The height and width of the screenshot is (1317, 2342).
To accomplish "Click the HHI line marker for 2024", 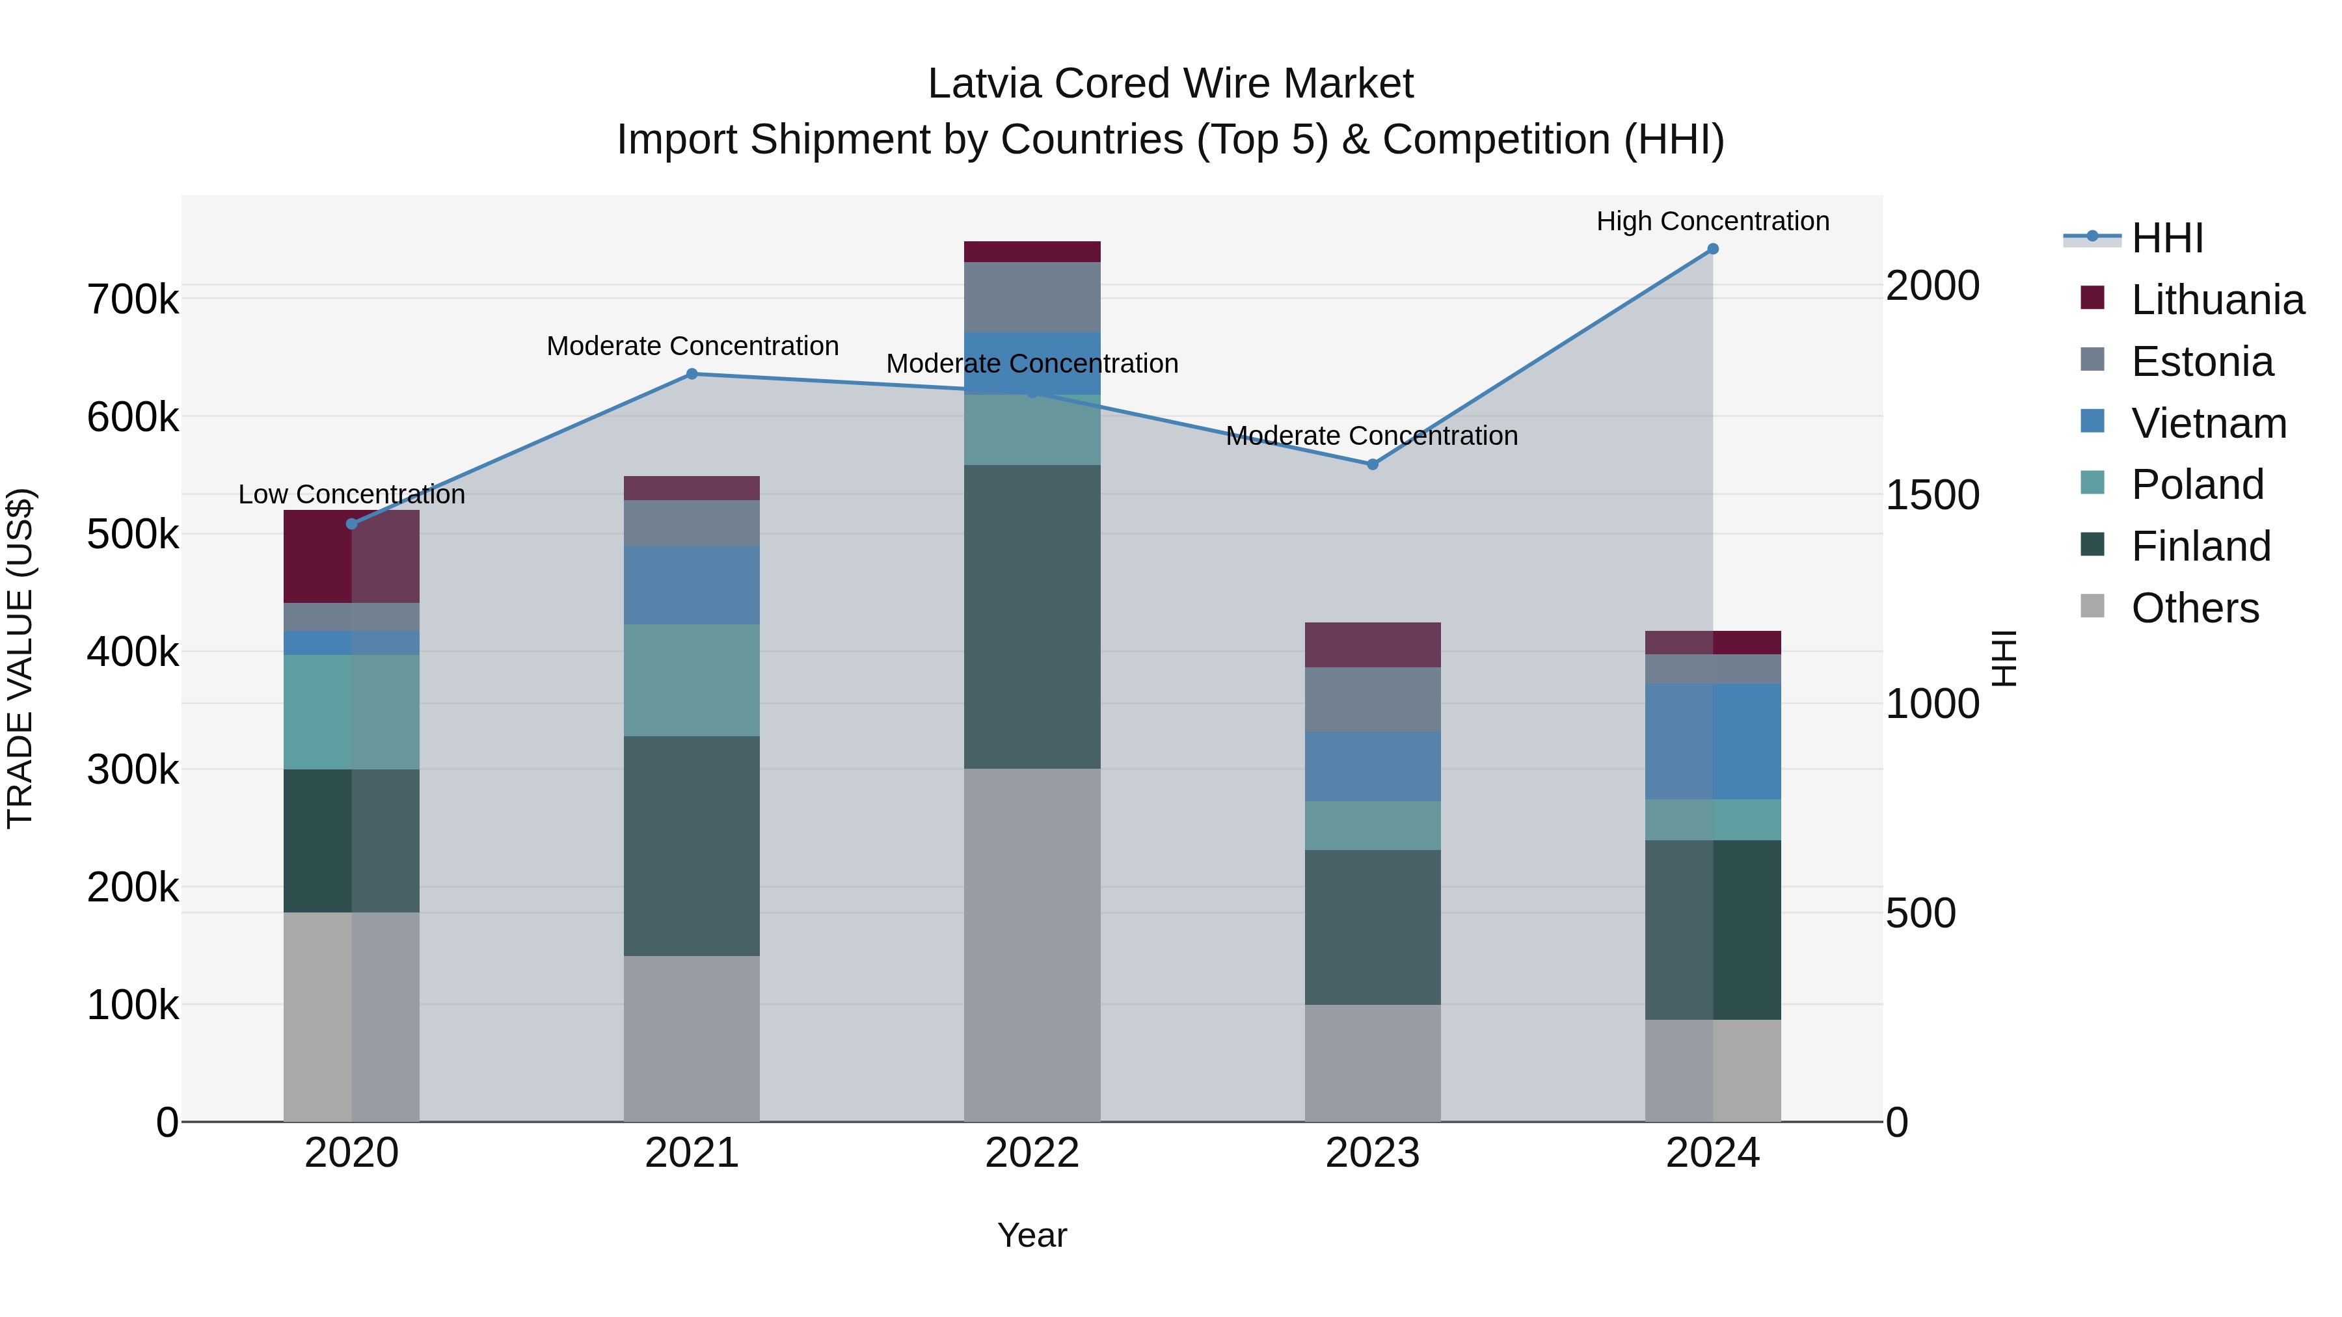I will coord(1713,249).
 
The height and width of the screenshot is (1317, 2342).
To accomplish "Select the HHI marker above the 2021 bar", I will coord(692,373).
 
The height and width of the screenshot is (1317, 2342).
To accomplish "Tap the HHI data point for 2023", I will coord(1373,464).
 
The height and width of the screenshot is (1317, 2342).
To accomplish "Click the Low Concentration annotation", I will coord(352,494).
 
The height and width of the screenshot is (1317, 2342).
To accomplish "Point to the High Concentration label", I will coord(1713,221).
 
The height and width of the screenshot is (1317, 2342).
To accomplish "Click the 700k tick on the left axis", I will coord(133,299).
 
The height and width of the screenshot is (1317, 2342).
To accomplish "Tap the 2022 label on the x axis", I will coord(1032,1153).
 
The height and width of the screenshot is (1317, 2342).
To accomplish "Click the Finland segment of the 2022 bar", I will coord(1032,617).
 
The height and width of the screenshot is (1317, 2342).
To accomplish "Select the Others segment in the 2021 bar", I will coord(692,1038).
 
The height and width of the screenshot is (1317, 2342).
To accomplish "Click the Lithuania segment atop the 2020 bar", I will coord(352,556).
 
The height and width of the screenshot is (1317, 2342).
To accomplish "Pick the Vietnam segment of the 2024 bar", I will coord(1713,741).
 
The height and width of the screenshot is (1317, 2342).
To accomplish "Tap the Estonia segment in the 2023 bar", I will coord(1373,700).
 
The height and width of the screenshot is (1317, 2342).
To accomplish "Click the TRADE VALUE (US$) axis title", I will coord(20,658).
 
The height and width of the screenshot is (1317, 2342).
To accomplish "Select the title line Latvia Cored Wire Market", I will coord(1170,84).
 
